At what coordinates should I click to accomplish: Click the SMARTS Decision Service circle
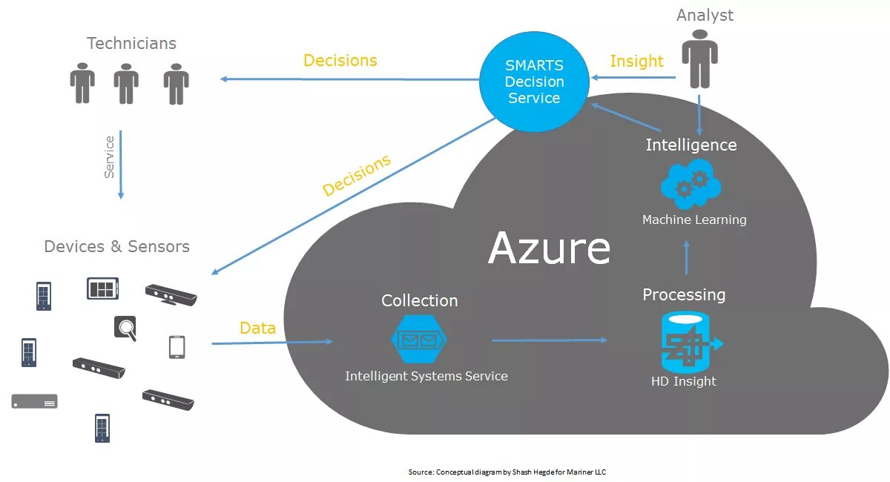pyautogui.click(x=534, y=82)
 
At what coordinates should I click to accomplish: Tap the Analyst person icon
pyautogui.click(x=699, y=59)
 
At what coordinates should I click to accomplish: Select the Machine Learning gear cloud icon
pyautogui.click(x=691, y=184)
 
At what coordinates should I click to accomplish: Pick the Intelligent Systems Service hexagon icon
pyautogui.click(x=419, y=339)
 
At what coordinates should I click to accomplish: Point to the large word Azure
pyautogui.click(x=549, y=248)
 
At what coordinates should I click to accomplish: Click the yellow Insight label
pyautogui.click(x=636, y=62)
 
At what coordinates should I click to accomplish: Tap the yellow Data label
pyautogui.click(x=257, y=329)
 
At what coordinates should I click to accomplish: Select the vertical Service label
pyautogui.click(x=109, y=157)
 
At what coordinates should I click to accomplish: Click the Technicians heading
pyautogui.click(x=131, y=43)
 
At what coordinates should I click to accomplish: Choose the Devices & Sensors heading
pyautogui.click(x=117, y=246)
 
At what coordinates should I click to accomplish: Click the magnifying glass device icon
pyautogui.click(x=125, y=328)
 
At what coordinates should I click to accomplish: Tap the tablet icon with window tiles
pyautogui.click(x=102, y=288)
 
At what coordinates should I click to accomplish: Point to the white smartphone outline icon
pyautogui.click(x=177, y=347)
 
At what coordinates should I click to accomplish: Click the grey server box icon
pyautogui.click(x=35, y=401)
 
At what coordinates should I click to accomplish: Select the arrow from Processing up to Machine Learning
pyautogui.click(x=686, y=257)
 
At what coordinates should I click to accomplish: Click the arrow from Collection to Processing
pyautogui.click(x=550, y=340)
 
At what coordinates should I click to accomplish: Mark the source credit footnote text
pyautogui.click(x=507, y=472)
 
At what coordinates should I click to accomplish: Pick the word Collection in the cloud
pyautogui.click(x=420, y=301)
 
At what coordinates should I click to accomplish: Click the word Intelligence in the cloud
pyautogui.click(x=691, y=145)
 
